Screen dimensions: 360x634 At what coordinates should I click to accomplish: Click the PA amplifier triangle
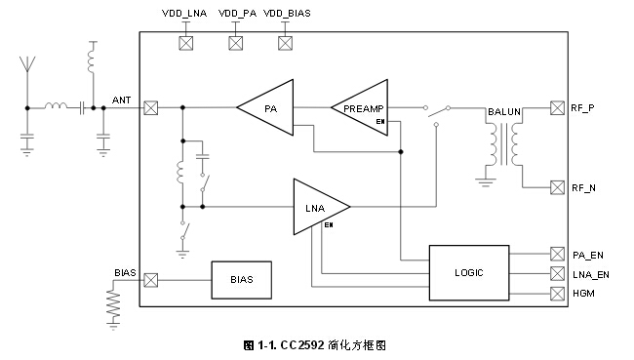268,107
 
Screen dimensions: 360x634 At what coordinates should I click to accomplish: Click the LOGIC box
468,272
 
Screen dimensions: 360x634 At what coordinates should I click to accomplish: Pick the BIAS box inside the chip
242,280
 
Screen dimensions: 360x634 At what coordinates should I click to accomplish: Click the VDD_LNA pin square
183,43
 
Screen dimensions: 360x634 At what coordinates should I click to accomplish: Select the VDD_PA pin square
235,43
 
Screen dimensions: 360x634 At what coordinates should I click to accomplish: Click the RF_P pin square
557,107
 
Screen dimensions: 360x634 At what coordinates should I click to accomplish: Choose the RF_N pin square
557,186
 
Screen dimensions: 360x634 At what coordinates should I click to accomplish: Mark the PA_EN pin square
557,255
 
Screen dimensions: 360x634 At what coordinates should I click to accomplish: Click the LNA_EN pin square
557,274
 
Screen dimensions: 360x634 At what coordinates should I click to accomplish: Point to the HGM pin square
557,294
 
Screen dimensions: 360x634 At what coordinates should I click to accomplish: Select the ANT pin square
150,107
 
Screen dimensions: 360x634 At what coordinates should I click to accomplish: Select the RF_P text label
583,108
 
